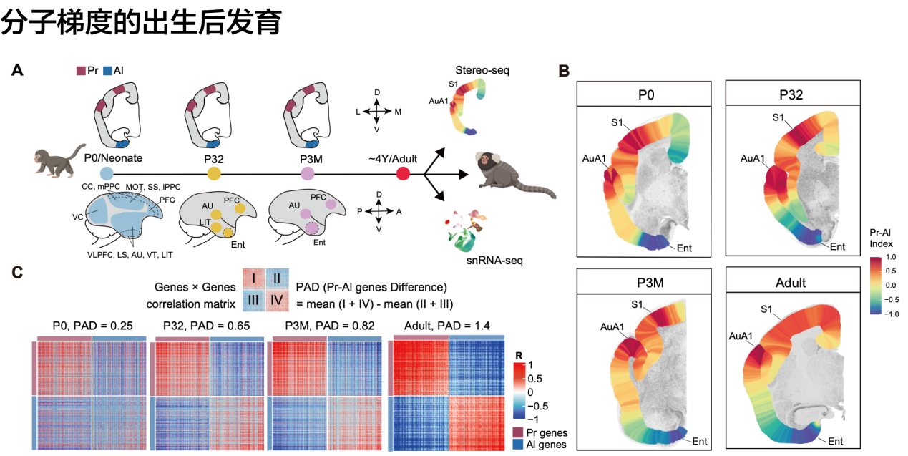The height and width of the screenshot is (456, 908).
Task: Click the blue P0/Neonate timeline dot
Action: click(x=106, y=173)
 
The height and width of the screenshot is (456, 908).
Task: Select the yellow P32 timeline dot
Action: click(x=214, y=173)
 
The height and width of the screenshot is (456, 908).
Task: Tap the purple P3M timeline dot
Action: click(x=308, y=173)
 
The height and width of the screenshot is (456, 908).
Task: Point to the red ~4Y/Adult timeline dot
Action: click(x=403, y=173)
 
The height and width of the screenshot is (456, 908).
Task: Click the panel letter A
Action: click(x=17, y=70)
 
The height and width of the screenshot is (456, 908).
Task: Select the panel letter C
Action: click(x=17, y=272)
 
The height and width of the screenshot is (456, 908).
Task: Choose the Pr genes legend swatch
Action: click(x=519, y=432)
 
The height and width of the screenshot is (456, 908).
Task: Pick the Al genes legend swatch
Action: click(x=519, y=445)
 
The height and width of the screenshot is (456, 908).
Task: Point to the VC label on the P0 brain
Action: click(x=77, y=215)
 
